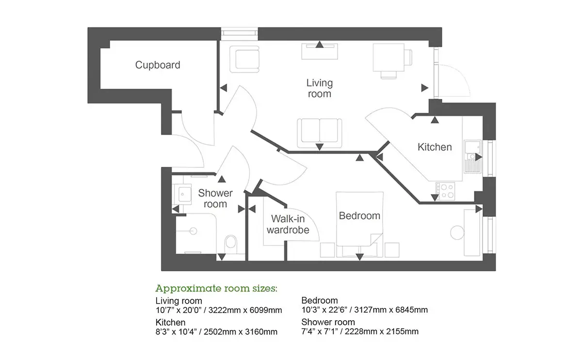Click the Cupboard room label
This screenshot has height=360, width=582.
[x=158, y=65]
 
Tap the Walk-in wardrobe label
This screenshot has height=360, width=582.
[x=288, y=224]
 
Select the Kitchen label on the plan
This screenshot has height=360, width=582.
[x=435, y=147]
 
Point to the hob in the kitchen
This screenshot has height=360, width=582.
[x=445, y=191]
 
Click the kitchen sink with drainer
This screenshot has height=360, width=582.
[x=472, y=157]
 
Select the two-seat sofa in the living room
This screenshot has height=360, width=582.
[x=319, y=133]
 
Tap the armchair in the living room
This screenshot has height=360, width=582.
[x=244, y=59]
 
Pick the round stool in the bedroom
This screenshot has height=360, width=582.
[x=457, y=232]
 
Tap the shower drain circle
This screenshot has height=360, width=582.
[x=194, y=231]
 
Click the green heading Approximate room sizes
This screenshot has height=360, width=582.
[x=216, y=288]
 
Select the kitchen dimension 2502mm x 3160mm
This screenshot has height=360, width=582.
[x=241, y=332]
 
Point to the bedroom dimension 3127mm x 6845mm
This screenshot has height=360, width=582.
[x=391, y=310]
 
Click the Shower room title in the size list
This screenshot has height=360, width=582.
[x=328, y=322]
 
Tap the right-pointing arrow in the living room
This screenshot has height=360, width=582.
[x=424, y=88]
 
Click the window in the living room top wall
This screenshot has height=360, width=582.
[x=239, y=34]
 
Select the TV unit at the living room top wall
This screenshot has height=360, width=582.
[x=320, y=51]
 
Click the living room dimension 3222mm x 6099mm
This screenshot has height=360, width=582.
[x=245, y=311]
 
